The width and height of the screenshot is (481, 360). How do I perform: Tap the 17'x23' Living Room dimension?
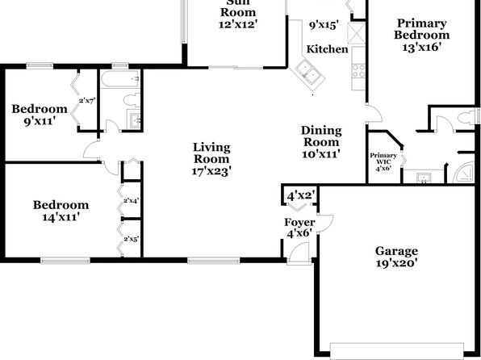211,171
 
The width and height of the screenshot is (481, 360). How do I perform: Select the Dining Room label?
321,136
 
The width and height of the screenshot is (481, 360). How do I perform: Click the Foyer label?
299,222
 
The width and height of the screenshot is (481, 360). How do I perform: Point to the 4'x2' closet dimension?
301,195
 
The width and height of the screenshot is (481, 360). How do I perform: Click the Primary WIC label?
383,158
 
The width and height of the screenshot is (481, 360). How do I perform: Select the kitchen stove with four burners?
358,71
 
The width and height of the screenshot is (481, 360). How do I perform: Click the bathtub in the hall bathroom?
120,79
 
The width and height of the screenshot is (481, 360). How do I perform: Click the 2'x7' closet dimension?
86,101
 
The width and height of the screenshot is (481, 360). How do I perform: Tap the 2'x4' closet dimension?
132,201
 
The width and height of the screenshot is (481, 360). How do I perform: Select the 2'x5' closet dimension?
132,239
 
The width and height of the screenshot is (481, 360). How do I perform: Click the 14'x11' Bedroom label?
61,211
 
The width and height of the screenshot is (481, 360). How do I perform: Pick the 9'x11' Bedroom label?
40,115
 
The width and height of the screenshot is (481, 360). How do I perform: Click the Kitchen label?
328,49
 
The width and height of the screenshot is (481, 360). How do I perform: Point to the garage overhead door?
397,350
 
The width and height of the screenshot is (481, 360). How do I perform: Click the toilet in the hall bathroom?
132,100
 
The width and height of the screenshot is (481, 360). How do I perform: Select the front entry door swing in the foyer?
299,253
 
